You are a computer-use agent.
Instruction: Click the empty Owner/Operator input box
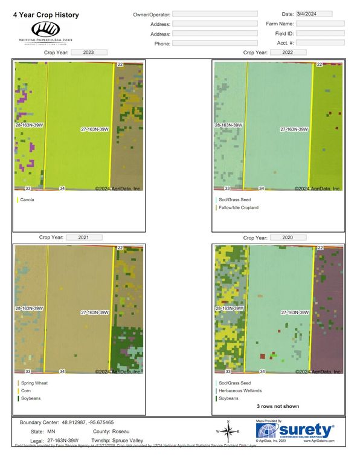214,13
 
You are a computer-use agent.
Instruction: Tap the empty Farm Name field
320,24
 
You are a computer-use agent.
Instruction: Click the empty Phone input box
214,44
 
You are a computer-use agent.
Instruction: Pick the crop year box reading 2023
89,53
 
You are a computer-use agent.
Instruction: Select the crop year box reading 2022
288,53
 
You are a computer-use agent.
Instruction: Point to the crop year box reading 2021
83,238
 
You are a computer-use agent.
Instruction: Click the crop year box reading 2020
288,238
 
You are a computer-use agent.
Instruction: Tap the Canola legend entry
27,199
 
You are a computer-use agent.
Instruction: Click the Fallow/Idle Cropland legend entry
238,207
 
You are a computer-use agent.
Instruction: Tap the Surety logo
295,430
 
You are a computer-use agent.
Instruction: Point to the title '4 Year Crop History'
46,15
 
